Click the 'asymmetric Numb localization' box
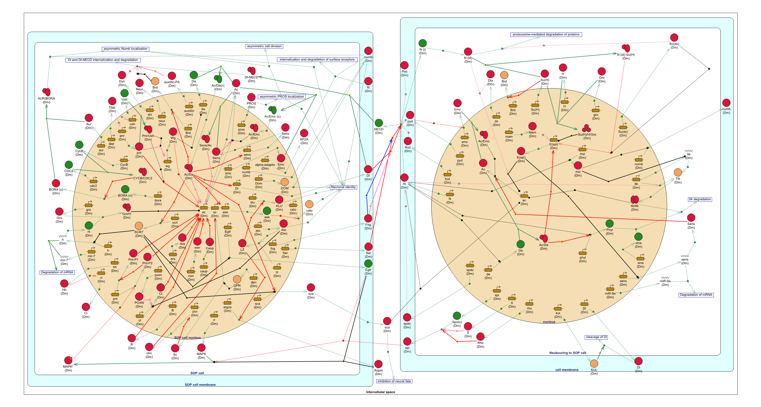coord(125,49)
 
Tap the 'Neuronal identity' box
coord(343,187)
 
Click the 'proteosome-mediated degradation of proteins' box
coord(546,35)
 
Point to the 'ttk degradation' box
coord(700,199)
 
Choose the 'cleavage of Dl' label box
coord(596,337)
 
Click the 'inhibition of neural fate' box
coord(394,381)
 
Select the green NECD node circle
coord(379,123)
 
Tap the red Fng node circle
coord(368,218)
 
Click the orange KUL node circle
coord(594,363)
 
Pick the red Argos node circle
coord(379,364)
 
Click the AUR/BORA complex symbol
coord(46,92)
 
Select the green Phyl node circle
coord(609,223)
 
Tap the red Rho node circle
coord(480,336)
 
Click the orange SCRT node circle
coord(139,226)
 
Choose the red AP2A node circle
coord(304,133)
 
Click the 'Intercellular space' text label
coord(380,392)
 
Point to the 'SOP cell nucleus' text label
coord(187,338)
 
